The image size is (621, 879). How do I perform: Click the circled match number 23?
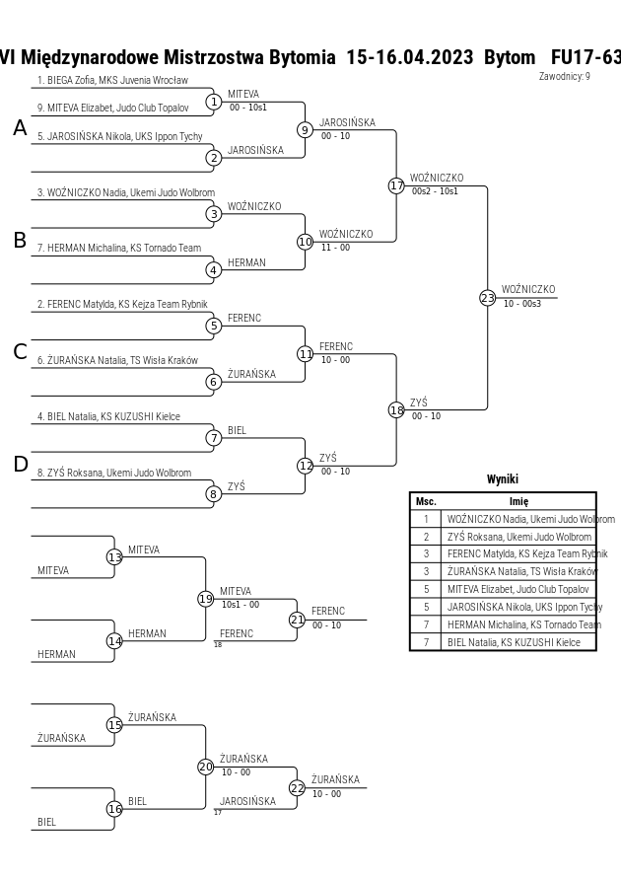[x=488, y=298]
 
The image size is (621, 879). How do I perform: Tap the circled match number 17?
[x=396, y=185]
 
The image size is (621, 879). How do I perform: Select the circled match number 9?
[x=305, y=130]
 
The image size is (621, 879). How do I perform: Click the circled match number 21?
[x=297, y=620]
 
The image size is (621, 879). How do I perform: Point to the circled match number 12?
[x=305, y=466]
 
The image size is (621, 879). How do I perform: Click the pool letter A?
[x=20, y=128]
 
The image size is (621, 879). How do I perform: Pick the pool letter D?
[x=20, y=465]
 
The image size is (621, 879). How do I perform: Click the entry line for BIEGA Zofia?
[x=112, y=80]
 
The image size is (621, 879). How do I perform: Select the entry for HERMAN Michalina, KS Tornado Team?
[x=119, y=248]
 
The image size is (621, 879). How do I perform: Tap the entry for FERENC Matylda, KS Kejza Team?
[x=122, y=304]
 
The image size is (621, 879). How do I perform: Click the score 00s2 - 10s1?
[x=435, y=191]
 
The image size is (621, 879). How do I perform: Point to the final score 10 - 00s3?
[x=522, y=303]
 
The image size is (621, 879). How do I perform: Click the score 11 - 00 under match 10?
[x=335, y=248]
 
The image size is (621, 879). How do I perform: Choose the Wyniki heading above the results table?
[x=503, y=479]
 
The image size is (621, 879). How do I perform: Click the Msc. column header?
[x=426, y=502]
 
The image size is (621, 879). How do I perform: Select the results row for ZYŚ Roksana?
[x=503, y=537]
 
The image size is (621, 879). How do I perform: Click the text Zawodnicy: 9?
[x=565, y=76]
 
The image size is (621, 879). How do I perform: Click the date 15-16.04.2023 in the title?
[x=410, y=57]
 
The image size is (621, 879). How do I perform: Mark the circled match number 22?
[x=297, y=787]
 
